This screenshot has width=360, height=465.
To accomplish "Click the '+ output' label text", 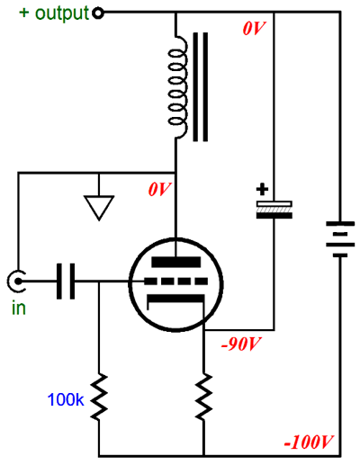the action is point(54,13).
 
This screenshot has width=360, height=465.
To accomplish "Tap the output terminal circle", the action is point(98,13).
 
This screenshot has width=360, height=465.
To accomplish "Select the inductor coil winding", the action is point(177,87).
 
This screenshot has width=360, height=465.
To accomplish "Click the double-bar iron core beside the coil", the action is point(200,87).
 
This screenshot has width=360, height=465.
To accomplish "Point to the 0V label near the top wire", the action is point(254,29).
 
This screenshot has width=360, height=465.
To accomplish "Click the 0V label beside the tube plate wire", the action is point(159,190).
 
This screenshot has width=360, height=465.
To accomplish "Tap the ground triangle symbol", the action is point(99,208).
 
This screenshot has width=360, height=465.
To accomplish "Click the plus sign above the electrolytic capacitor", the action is point(262,190).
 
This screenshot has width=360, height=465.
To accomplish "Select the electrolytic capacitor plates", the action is point(274,210).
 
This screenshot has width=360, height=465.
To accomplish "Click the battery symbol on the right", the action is point(340,239).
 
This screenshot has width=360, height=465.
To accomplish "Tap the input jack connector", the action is point(16,282).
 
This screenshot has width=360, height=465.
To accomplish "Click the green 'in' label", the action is point(19,308).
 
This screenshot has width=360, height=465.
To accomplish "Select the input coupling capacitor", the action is point(66,282).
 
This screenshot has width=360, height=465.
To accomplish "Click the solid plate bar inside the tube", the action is point(176,262).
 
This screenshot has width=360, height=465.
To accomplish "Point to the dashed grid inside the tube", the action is point(176,282).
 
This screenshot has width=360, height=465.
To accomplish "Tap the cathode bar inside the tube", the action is point(175,299).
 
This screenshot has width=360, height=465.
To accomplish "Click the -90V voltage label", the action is point(241,344).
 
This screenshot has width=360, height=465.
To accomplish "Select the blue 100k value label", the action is point(66,399).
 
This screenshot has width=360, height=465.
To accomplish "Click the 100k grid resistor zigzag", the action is point(99,397).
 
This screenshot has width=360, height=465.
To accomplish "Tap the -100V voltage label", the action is point(309,443).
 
